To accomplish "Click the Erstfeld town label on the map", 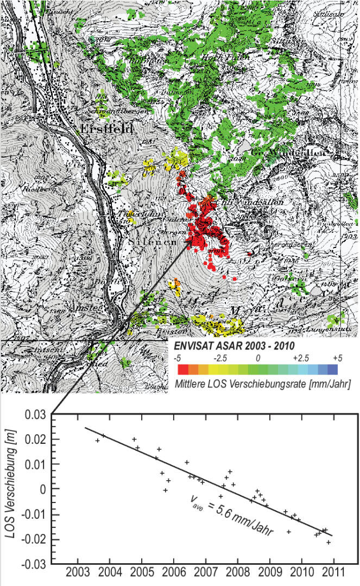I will [107, 129].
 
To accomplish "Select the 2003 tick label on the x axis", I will [78, 574].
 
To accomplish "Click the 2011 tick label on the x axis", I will [332, 574].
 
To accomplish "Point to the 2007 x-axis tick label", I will [205, 574].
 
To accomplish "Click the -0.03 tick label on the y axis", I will [33, 564].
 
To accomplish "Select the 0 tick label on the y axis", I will [43, 489].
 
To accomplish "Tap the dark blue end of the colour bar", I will [333, 370].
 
